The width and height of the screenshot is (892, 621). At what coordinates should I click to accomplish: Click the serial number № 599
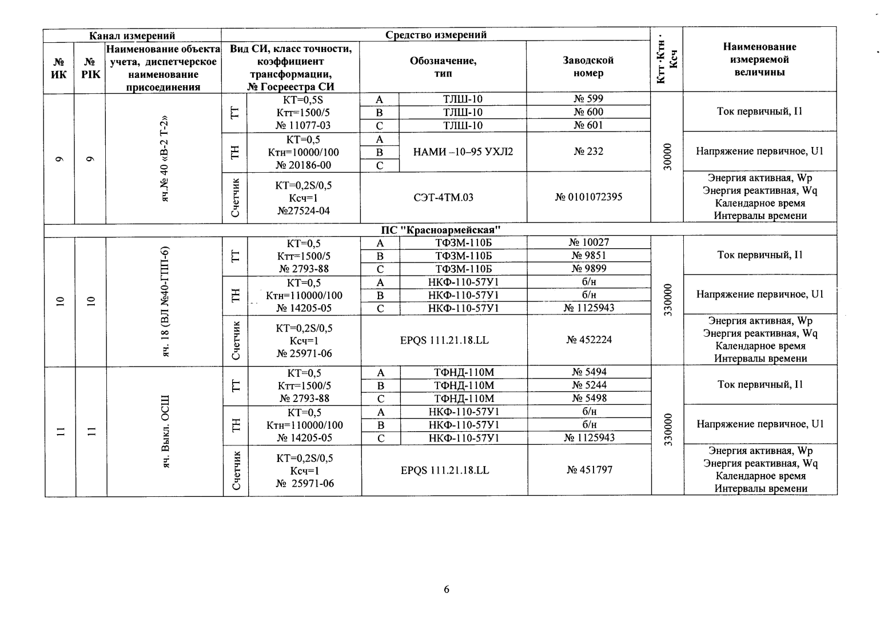coord(588,99)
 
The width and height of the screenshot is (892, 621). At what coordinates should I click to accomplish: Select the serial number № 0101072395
coord(588,197)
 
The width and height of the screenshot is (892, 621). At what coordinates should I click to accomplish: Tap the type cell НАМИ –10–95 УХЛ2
coord(463,152)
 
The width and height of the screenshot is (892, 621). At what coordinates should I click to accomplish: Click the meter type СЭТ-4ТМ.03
coord(443,197)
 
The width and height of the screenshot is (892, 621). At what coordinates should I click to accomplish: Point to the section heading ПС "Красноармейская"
coord(441,230)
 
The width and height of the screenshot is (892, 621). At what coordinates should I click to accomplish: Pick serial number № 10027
coord(589,242)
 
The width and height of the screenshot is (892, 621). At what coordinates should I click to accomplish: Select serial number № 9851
coord(589,256)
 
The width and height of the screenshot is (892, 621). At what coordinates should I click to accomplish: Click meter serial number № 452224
coord(589,340)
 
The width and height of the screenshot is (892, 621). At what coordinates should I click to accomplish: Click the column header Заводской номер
coord(588,67)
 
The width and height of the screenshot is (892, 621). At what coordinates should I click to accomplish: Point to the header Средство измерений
coord(436,34)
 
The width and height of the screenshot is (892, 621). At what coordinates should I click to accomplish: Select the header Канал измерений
coord(132,35)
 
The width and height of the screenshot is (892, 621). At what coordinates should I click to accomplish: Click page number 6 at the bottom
coord(447,590)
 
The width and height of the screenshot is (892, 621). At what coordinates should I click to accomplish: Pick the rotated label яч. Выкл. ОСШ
coord(165,430)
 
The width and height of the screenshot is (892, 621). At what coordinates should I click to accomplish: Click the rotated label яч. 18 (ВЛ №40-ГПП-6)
coord(165,301)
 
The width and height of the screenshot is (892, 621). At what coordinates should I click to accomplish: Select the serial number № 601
coord(588,125)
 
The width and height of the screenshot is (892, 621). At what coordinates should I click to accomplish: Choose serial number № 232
coord(588,152)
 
